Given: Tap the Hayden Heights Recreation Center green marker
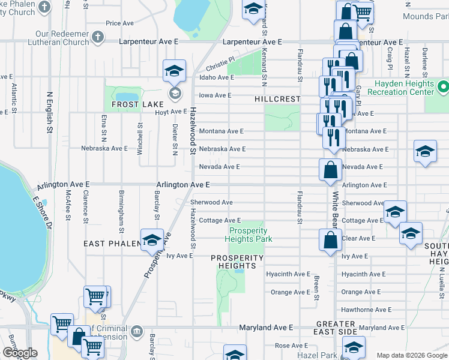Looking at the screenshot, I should [x=444, y=88].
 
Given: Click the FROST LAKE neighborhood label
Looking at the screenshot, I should [x=133, y=104].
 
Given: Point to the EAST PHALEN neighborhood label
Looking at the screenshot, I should [x=112, y=244].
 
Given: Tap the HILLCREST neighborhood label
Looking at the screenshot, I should [x=277, y=98].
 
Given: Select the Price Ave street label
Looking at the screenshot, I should [x=119, y=23].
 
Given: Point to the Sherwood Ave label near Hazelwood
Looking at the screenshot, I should [x=211, y=203].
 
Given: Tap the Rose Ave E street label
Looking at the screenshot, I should [x=290, y=346].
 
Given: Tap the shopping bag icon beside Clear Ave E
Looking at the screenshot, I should [x=331, y=241].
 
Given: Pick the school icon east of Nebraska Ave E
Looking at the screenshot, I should [x=425, y=152].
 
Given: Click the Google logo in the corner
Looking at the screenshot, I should [x=19, y=353].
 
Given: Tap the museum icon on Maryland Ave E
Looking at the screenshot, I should [x=137, y=331].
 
